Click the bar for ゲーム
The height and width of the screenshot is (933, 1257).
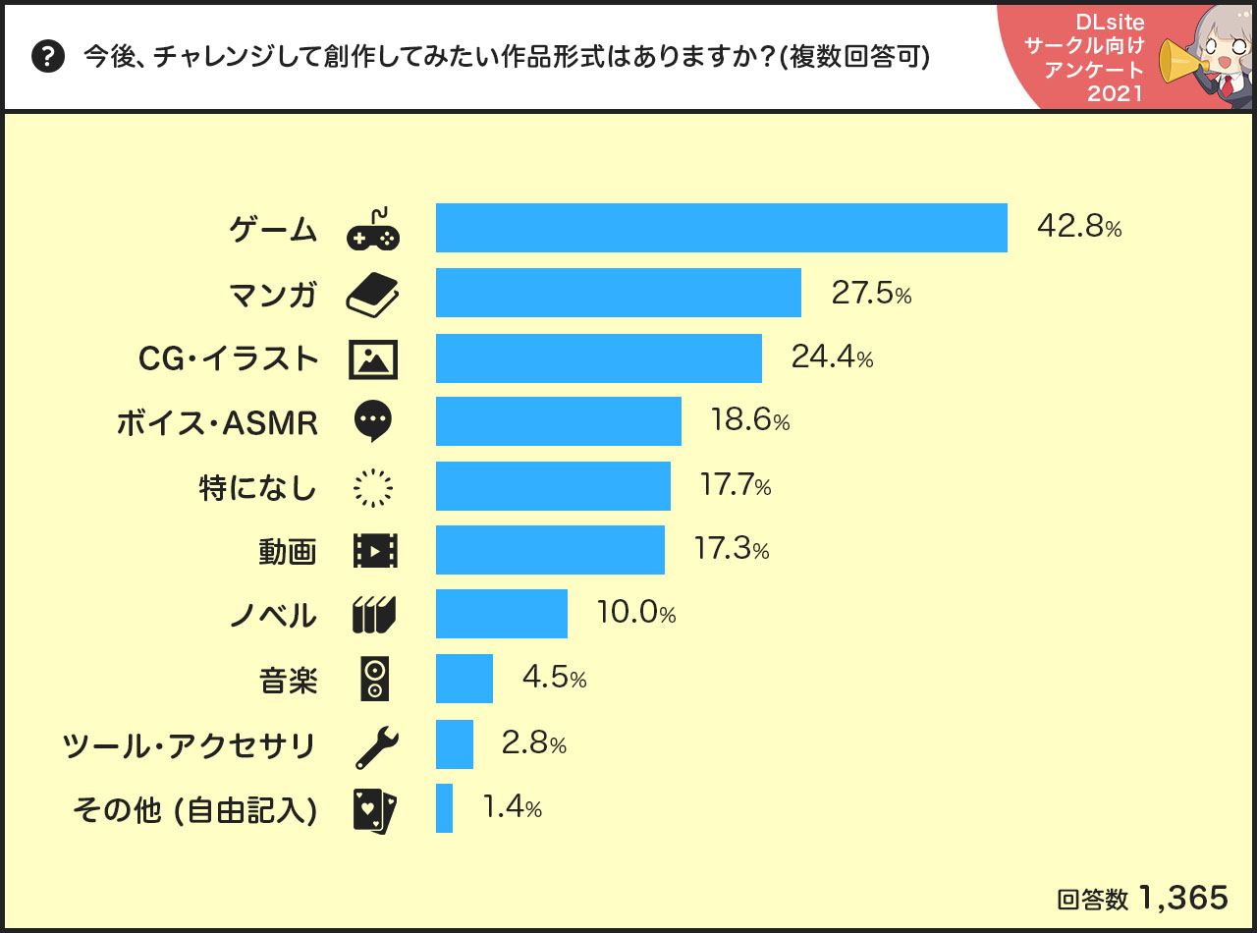[x=722, y=228]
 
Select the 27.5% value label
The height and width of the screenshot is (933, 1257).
[x=871, y=294]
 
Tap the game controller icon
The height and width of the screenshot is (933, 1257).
[x=374, y=232]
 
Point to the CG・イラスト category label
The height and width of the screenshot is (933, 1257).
[x=229, y=358]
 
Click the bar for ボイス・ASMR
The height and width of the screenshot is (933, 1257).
[x=559, y=421]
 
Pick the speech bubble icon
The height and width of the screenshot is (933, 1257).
[x=373, y=421]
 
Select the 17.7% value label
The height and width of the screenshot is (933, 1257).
[x=735, y=486]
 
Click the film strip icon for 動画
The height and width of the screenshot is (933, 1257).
[x=374, y=551]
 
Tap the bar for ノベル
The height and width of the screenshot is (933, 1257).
[x=502, y=615]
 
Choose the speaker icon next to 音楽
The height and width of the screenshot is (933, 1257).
[x=374, y=679]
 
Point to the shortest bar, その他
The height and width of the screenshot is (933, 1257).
[x=444, y=808]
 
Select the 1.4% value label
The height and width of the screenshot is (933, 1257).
[x=512, y=808]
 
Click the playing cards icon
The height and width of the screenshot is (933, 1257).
[x=374, y=810]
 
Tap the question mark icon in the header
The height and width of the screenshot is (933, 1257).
[x=48, y=57]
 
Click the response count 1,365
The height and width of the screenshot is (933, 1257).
[x=1183, y=898]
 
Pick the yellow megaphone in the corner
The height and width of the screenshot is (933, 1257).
[x=1178, y=61]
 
